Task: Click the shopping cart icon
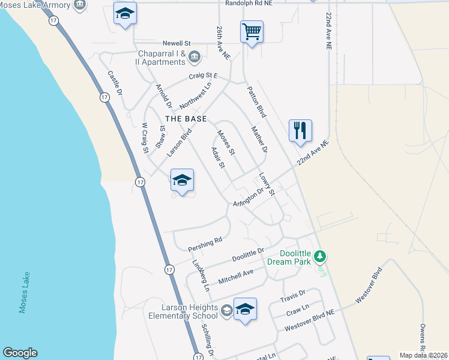tap(252, 31)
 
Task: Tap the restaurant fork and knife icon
tap(300, 130)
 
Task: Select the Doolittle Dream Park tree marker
tap(321, 257)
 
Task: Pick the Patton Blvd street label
tap(256, 101)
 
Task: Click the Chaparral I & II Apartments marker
tap(194, 58)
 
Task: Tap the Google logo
tap(20, 353)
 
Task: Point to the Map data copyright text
tap(424, 355)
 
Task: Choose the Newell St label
tap(176, 44)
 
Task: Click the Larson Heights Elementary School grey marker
tap(226, 310)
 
